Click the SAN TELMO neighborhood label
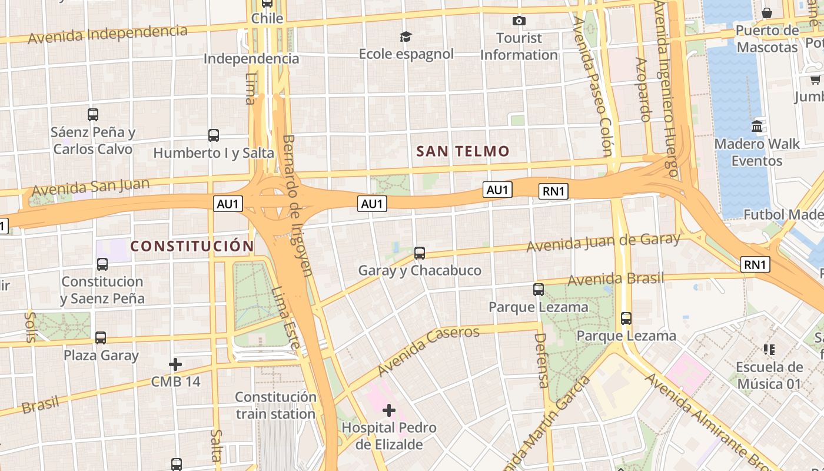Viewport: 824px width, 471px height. tap(463, 151)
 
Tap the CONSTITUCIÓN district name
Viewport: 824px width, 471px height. tap(192, 246)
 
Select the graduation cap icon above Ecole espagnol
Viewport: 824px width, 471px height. tap(406, 37)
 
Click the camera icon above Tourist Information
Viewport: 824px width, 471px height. tap(519, 21)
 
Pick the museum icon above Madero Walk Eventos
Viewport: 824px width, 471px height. tap(757, 126)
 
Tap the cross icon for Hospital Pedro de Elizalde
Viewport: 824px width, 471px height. tap(388, 410)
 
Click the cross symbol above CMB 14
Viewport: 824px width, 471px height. tap(175, 364)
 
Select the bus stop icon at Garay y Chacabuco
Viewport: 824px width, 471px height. tap(419, 253)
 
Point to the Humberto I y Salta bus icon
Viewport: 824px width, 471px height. tap(214, 135)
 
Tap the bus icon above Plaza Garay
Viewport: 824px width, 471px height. tap(101, 338)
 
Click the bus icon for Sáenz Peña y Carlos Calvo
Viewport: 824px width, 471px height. tap(93, 114)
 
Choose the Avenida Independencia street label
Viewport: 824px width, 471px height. tap(108, 34)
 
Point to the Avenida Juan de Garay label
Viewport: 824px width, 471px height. tap(603, 242)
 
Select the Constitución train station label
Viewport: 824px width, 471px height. tap(275, 405)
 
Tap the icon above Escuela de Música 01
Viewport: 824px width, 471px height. tap(769, 350)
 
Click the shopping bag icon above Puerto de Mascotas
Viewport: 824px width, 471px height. tap(767, 13)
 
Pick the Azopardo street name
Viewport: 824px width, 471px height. tap(643, 89)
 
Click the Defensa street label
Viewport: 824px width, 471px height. tap(541, 360)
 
